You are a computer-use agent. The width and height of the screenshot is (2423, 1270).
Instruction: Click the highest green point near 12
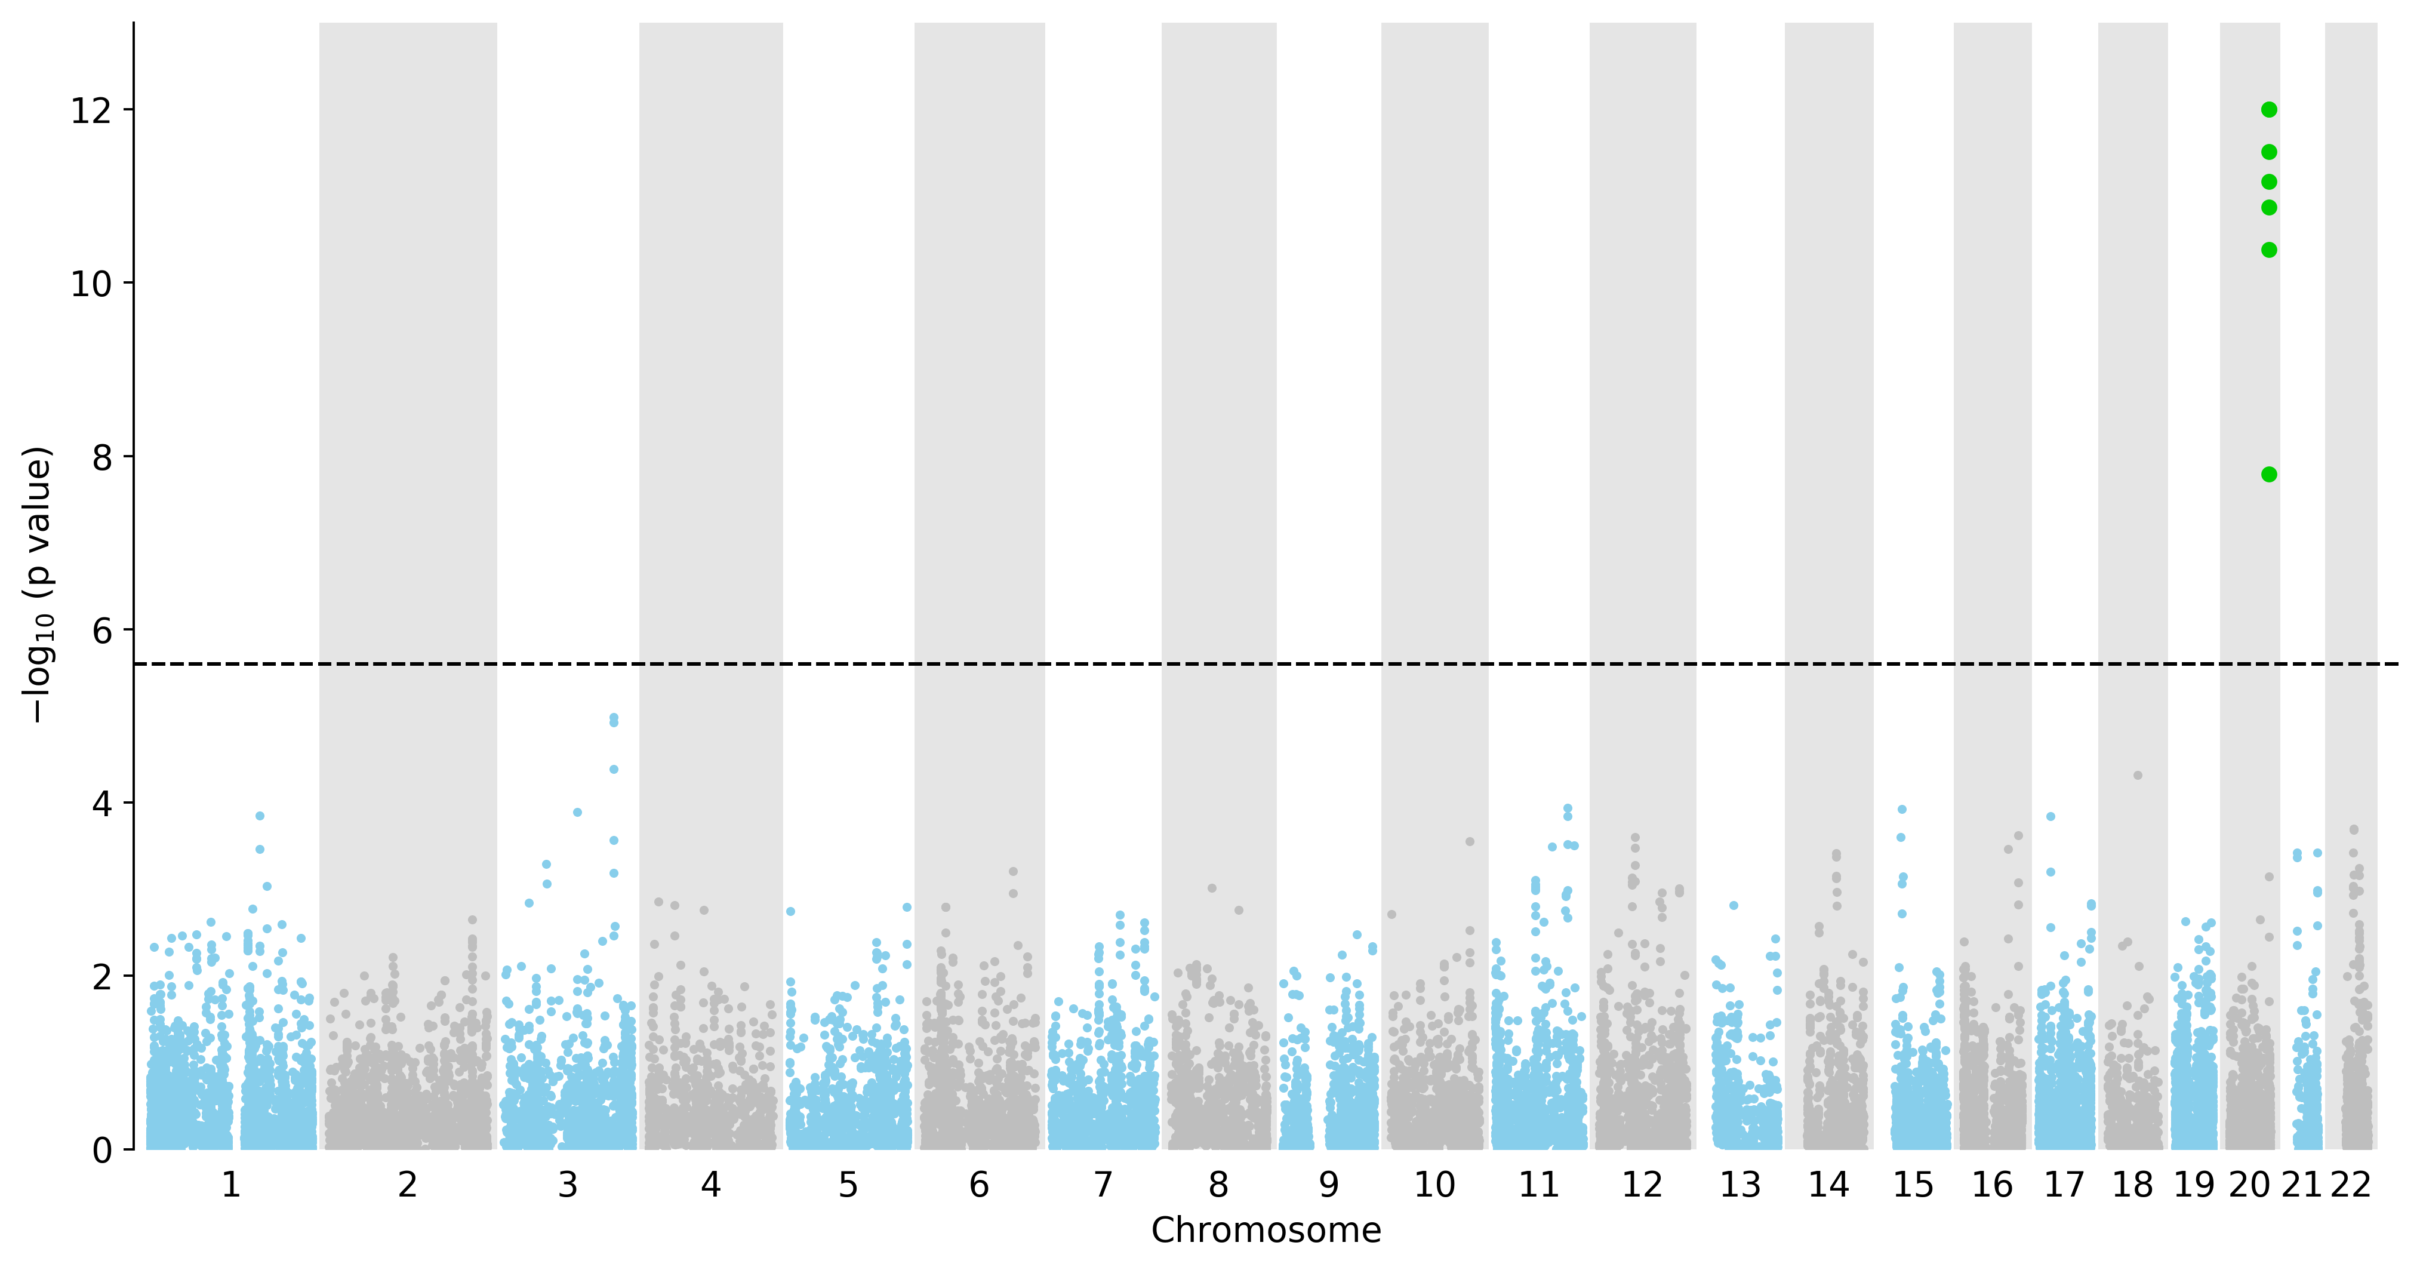point(2269,110)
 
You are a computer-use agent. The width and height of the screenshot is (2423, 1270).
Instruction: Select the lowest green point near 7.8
point(2269,474)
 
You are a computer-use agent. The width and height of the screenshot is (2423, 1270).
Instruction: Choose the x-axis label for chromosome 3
point(567,1185)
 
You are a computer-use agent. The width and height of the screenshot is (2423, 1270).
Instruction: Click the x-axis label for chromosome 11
point(1539,1185)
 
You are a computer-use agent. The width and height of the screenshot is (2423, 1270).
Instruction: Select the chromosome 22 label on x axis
point(2350,1185)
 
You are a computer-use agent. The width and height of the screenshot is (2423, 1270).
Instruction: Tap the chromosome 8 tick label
point(1218,1185)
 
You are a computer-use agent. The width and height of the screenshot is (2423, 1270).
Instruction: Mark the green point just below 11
point(2269,207)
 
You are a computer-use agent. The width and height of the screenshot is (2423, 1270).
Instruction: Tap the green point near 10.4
point(2269,250)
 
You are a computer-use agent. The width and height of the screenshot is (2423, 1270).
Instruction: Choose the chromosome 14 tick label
point(1828,1185)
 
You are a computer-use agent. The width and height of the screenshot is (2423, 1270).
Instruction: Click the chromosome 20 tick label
point(2249,1185)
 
